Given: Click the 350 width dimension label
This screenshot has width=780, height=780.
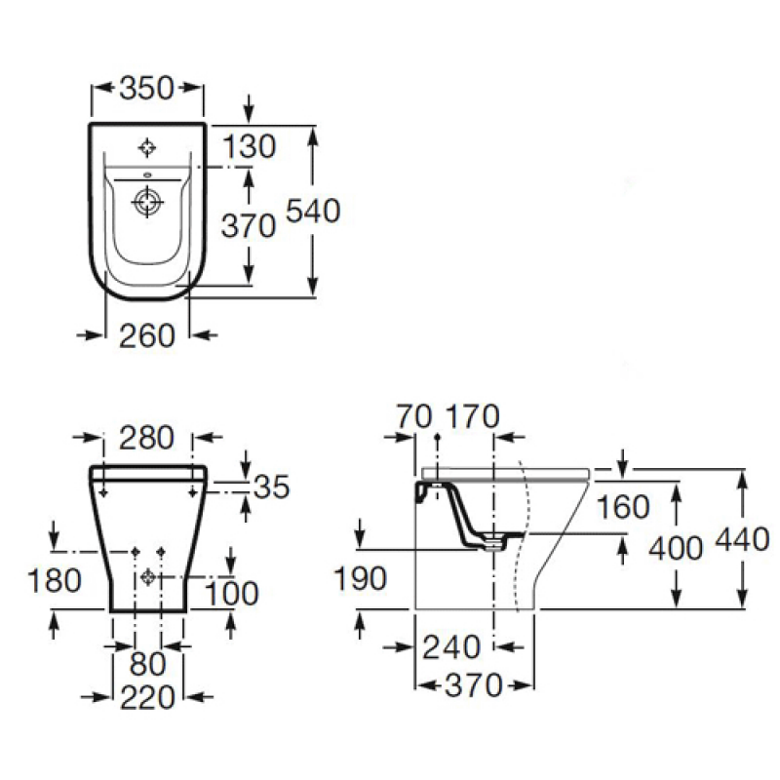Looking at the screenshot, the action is (x=147, y=88).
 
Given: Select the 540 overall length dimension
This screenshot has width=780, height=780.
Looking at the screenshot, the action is (x=313, y=211).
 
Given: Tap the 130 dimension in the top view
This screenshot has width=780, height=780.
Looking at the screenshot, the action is (x=249, y=146).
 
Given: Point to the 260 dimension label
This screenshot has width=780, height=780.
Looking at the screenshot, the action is (x=147, y=335).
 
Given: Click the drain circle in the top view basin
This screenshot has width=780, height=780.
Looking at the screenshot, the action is (x=148, y=202).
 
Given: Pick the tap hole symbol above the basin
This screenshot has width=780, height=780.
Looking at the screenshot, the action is (x=147, y=148).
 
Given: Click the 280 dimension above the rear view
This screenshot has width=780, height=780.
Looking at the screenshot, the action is (x=147, y=438).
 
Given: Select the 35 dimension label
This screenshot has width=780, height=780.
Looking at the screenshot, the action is (x=272, y=487).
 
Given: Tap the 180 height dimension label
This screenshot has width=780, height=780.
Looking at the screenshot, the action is (x=55, y=580).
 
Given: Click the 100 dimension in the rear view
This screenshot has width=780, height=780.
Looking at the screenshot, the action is (x=232, y=593).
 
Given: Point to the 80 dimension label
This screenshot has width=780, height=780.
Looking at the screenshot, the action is (x=148, y=664).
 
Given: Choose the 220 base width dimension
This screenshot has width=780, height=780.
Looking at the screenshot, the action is (x=148, y=697).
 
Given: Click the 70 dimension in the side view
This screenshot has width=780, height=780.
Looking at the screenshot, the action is (x=413, y=416).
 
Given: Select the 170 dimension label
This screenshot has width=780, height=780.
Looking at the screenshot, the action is (x=473, y=416).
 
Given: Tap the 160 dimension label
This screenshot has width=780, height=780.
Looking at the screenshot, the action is (x=623, y=507).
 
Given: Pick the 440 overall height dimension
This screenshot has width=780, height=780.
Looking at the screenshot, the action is (x=742, y=539).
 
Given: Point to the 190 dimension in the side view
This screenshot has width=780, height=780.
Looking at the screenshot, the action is (x=360, y=578).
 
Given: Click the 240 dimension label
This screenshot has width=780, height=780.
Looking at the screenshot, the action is (x=451, y=647).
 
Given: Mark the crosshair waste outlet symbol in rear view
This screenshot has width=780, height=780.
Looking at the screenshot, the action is (x=148, y=577).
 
